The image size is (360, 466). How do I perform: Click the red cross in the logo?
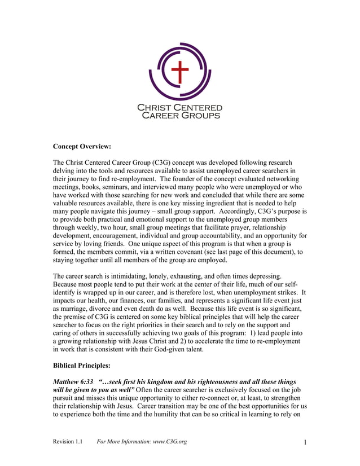pos(179,72)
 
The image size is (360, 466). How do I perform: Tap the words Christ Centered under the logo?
pos(180,107)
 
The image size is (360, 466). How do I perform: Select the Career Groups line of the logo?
pos(180,115)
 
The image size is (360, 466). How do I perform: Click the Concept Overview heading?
pos(82,147)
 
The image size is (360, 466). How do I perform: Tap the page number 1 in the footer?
pos(305,442)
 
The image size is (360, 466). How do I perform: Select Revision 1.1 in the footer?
pos(68,441)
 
